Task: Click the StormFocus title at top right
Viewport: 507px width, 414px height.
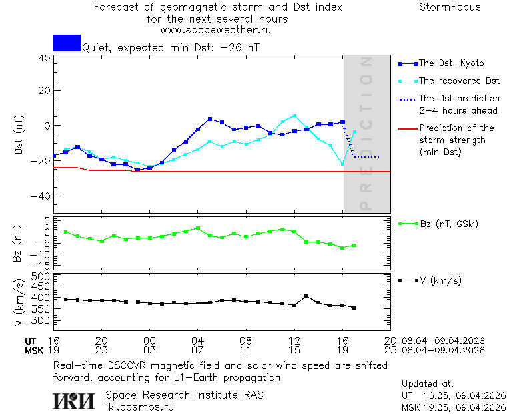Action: [x=450, y=7]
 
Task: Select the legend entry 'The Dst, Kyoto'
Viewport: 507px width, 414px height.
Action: [x=451, y=63]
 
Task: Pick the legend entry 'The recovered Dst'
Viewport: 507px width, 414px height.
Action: [x=459, y=81]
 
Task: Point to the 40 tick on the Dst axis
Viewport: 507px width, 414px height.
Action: [x=44, y=58]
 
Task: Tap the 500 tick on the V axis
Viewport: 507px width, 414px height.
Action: [x=41, y=276]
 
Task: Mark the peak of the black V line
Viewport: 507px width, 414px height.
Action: [x=306, y=296]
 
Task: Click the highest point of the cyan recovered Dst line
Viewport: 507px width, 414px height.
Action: [x=294, y=116]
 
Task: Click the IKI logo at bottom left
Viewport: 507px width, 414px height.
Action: [x=74, y=400]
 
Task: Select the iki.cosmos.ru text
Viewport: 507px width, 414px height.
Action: [x=139, y=406]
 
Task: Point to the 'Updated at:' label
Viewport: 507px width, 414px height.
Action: [x=428, y=384]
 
